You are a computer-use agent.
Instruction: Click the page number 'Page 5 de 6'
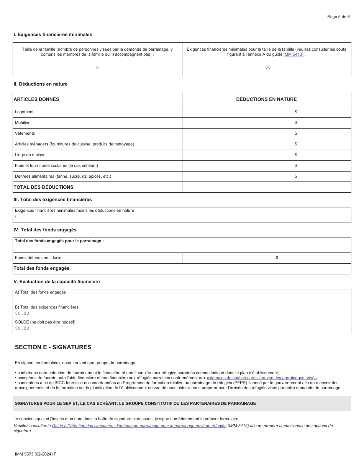tap(338, 17)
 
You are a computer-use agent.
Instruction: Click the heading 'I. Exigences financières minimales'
tap(53, 35)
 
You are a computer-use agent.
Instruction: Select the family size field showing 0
tap(97, 68)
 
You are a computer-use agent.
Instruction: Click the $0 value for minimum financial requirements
tap(268, 68)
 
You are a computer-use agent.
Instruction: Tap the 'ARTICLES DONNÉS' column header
tap(36, 99)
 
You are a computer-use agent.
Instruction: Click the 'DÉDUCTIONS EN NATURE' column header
tap(266, 99)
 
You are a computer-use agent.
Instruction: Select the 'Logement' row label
tap(24, 112)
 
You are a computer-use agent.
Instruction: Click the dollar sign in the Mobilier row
tap(296, 123)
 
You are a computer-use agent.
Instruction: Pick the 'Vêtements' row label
tap(25, 134)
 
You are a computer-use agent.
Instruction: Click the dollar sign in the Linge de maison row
tap(296, 155)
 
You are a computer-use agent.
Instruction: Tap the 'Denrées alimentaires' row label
tap(63, 177)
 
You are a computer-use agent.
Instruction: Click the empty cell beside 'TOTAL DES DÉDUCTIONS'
tap(266, 187)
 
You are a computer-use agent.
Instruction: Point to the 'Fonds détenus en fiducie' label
tap(38, 258)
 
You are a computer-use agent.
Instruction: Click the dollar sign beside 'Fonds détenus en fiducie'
tap(277, 258)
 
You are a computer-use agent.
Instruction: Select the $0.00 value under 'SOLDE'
tap(22, 328)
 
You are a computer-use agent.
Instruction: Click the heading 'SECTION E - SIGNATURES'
tap(53, 347)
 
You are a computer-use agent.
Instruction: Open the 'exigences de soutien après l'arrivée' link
tap(262, 378)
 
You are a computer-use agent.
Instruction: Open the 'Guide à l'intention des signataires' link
tap(139, 426)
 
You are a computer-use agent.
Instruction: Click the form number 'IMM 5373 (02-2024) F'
tap(35, 454)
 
